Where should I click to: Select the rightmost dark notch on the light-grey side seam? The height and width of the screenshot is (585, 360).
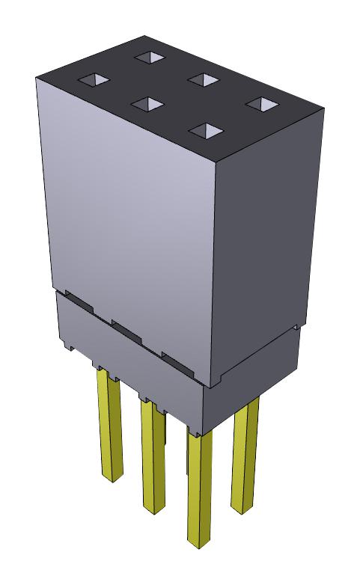coord(177,360)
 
